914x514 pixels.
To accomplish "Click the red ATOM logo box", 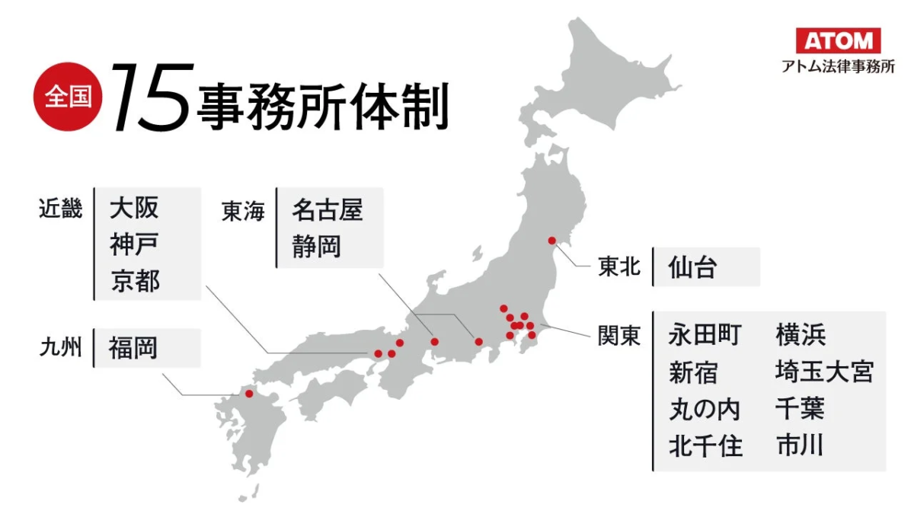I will (838, 40).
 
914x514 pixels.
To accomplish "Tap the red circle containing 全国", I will (67, 97).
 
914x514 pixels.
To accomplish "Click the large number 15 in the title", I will (149, 97).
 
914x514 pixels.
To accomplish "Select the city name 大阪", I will (134, 208).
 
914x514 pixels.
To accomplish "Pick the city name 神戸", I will (134, 245).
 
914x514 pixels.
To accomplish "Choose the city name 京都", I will (134, 281).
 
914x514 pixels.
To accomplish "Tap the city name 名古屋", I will (327, 211).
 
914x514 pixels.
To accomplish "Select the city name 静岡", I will (315, 247).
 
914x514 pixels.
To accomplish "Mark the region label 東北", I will (618, 268).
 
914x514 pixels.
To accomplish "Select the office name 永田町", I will (705, 334).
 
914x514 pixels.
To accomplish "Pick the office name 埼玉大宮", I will (824, 372).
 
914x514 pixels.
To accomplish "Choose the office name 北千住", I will (705, 445).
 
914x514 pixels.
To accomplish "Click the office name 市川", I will (800, 445).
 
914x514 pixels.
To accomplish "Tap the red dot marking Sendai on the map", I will (552, 241).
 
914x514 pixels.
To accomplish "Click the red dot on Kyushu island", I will (248, 394).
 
